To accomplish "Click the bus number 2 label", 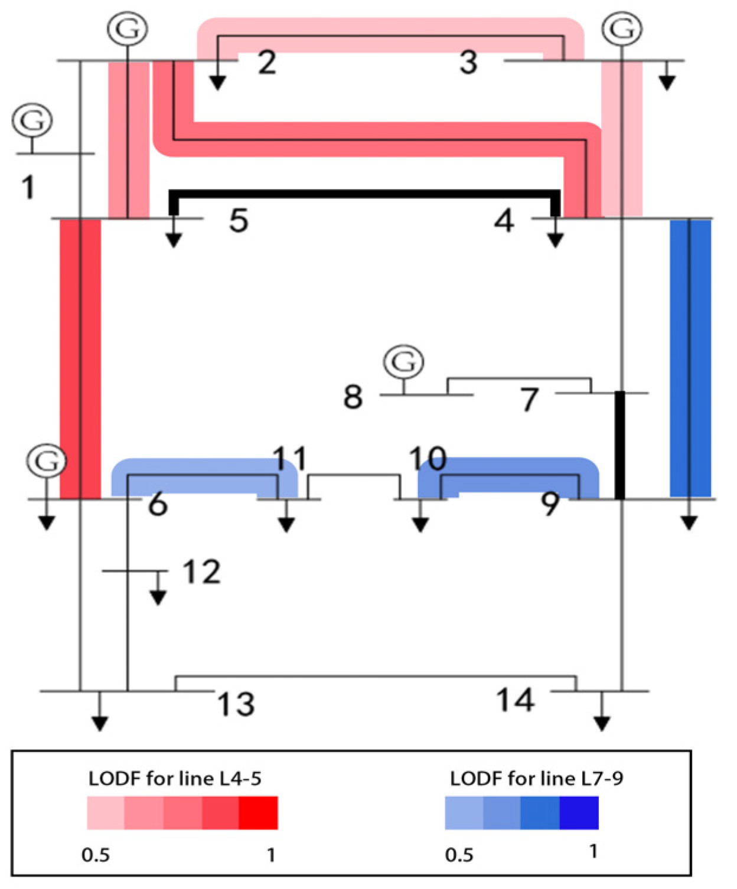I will [267, 63].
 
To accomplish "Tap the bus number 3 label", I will [468, 63].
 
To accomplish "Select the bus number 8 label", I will [353, 397].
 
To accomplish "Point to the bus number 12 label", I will [201, 572].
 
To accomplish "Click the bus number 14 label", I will [516, 701].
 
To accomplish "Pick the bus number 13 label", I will [236, 704].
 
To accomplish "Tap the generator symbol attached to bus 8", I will [404, 361].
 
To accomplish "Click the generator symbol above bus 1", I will [32, 120].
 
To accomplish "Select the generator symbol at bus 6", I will [47, 460].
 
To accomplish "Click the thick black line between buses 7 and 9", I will [619, 446].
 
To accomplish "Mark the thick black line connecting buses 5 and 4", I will [364, 194].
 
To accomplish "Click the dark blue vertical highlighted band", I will [690, 358].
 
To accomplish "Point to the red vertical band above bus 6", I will [80, 358].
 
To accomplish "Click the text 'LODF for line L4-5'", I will [175, 779].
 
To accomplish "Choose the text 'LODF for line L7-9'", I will [536, 779].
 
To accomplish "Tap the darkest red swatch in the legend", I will [258, 813].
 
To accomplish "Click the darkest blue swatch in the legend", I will [579, 813].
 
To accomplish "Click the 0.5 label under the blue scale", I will [459, 855].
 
